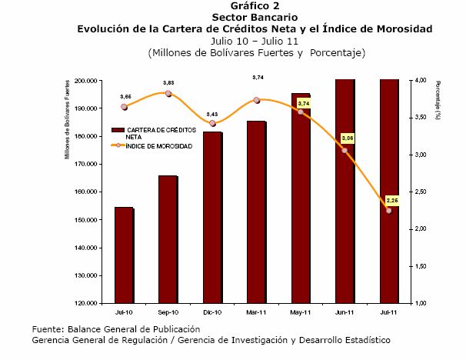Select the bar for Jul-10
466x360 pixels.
tap(125, 255)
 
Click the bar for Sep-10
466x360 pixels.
tap(168, 239)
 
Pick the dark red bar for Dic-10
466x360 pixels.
tap(213, 218)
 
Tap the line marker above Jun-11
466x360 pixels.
tap(345, 151)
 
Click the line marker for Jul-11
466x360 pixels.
tap(389, 211)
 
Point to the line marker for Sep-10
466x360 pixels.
tap(168, 94)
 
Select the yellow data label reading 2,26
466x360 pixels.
tap(392, 200)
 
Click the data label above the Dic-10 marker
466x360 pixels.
tap(212, 114)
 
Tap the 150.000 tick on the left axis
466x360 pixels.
tap(85, 220)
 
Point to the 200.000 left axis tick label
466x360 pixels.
tap(85, 81)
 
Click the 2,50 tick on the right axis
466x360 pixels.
tap(421, 192)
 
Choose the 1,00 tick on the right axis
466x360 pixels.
tap(421, 303)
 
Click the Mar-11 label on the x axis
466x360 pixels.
tap(256, 312)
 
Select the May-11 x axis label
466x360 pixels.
tap(300, 312)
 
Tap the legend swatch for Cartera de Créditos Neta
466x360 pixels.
tap(118, 130)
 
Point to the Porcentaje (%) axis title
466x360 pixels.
tap(438, 100)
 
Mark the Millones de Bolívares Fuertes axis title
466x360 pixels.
tap(67, 119)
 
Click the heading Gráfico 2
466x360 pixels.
tap(255, 5)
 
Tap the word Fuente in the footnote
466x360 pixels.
tap(47, 329)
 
